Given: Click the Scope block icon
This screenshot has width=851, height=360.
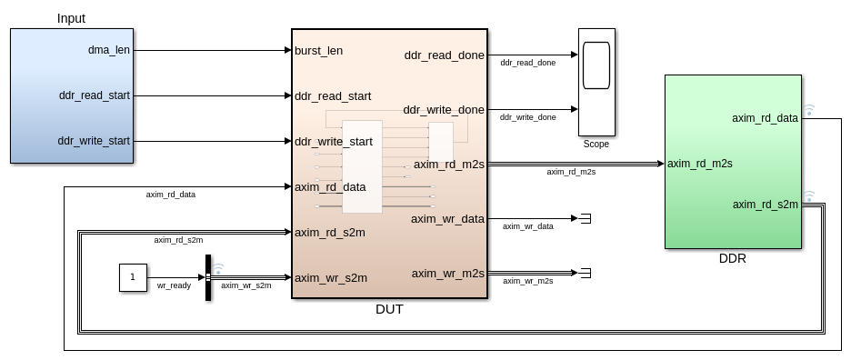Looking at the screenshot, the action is tap(596, 82).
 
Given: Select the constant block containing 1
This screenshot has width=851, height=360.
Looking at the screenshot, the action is tap(133, 277).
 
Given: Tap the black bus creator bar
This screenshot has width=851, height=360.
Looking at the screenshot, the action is tap(208, 277).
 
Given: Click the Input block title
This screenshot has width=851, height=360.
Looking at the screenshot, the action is tap(71, 18).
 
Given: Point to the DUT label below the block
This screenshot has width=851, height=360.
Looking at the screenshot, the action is tap(390, 309).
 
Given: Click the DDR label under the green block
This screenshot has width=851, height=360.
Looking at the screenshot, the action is tap(733, 259).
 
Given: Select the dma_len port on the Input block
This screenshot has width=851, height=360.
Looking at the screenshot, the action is tap(108, 50).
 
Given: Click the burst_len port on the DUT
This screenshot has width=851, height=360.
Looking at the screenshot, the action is tap(318, 51).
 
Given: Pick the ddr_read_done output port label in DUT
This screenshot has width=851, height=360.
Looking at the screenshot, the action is tap(444, 55).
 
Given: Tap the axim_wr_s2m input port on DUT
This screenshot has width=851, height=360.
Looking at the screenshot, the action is tap(331, 278).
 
